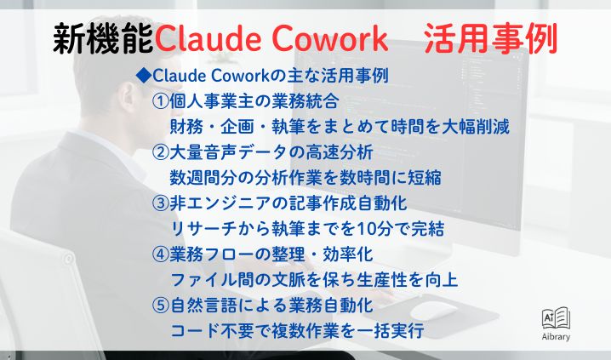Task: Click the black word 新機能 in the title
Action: point(102,37)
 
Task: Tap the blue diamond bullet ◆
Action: point(143,76)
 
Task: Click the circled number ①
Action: point(160,101)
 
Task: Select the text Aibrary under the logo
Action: point(556,337)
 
